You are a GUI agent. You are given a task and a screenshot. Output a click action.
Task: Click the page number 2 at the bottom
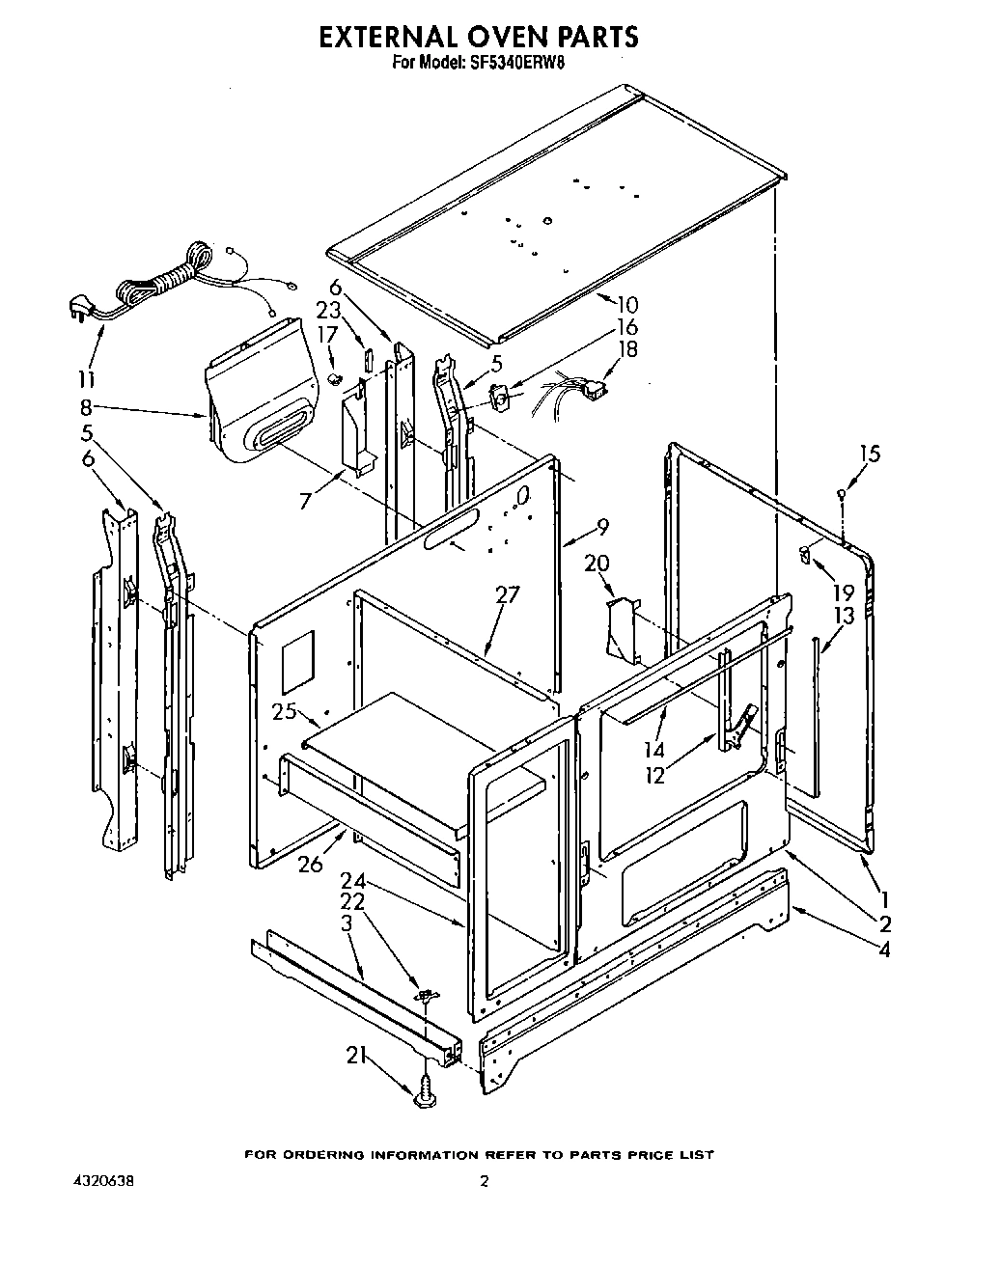(x=486, y=1181)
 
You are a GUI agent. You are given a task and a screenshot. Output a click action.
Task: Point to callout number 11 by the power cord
(x=89, y=378)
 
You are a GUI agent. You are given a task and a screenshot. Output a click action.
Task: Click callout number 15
(x=869, y=453)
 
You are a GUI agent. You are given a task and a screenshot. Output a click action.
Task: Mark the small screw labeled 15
(x=842, y=494)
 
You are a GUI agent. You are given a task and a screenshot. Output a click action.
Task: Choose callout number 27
(x=508, y=594)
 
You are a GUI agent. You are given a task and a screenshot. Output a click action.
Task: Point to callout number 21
(x=355, y=1055)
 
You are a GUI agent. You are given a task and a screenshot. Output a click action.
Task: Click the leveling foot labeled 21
(x=424, y=1095)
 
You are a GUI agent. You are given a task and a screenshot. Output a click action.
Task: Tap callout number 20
(x=597, y=563)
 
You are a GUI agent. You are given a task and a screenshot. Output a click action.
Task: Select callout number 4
(x=884, y=949)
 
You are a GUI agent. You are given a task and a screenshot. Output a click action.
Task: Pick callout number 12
(x=655, y=775)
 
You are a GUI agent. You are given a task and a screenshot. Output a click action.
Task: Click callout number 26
(x=310, y=864)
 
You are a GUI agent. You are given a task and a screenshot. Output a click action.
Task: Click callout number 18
(x=627, y=348)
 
